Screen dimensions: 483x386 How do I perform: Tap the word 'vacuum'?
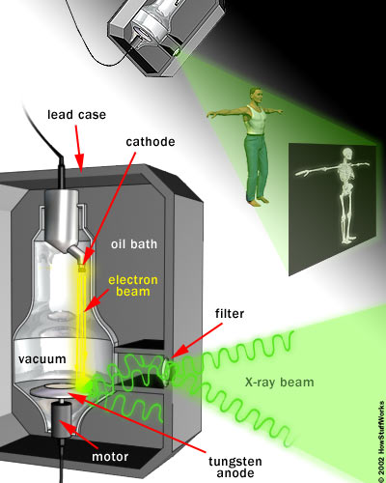click(41, 358)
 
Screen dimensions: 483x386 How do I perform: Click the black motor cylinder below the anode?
click(65, 425)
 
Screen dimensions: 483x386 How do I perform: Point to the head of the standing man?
click(254, 95)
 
